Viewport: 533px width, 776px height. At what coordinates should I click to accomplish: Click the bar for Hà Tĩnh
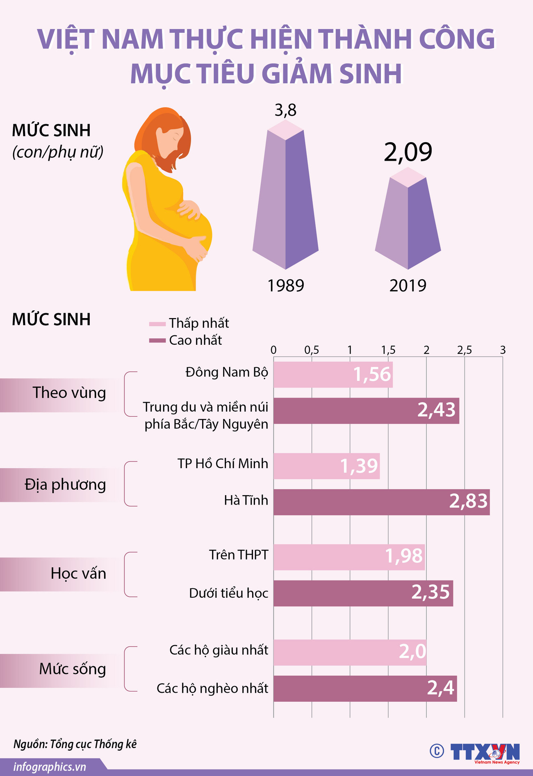(x=381, y=502)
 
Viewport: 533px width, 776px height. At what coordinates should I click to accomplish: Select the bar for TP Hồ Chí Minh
(x=326, y=466)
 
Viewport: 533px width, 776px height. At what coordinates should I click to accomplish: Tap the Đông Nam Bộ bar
(x=333, y=374)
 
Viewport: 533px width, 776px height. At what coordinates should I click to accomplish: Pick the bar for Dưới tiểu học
(x=363, y=593)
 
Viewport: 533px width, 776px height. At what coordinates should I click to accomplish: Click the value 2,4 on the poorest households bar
(x=440, y=688)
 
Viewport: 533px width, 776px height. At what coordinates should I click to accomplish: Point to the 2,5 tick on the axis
(x=465, y=350)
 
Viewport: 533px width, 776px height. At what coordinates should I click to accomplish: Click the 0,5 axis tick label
(x=312, y=350)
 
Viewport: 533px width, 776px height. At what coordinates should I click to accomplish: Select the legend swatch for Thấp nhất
(x=157, y=324)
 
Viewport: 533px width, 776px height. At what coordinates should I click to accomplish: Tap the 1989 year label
(x=285, y=286)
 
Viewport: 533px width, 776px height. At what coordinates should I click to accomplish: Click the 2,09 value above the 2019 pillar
(x=408, y=152)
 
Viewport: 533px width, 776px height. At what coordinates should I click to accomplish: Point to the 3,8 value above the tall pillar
(x=285, y=110)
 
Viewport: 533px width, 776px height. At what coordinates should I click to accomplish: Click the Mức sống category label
(x=72, y=669)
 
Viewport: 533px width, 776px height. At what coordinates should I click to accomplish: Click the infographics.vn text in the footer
(x=50, y=767)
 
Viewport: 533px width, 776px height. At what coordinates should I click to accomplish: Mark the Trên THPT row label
(x=238, y=555)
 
